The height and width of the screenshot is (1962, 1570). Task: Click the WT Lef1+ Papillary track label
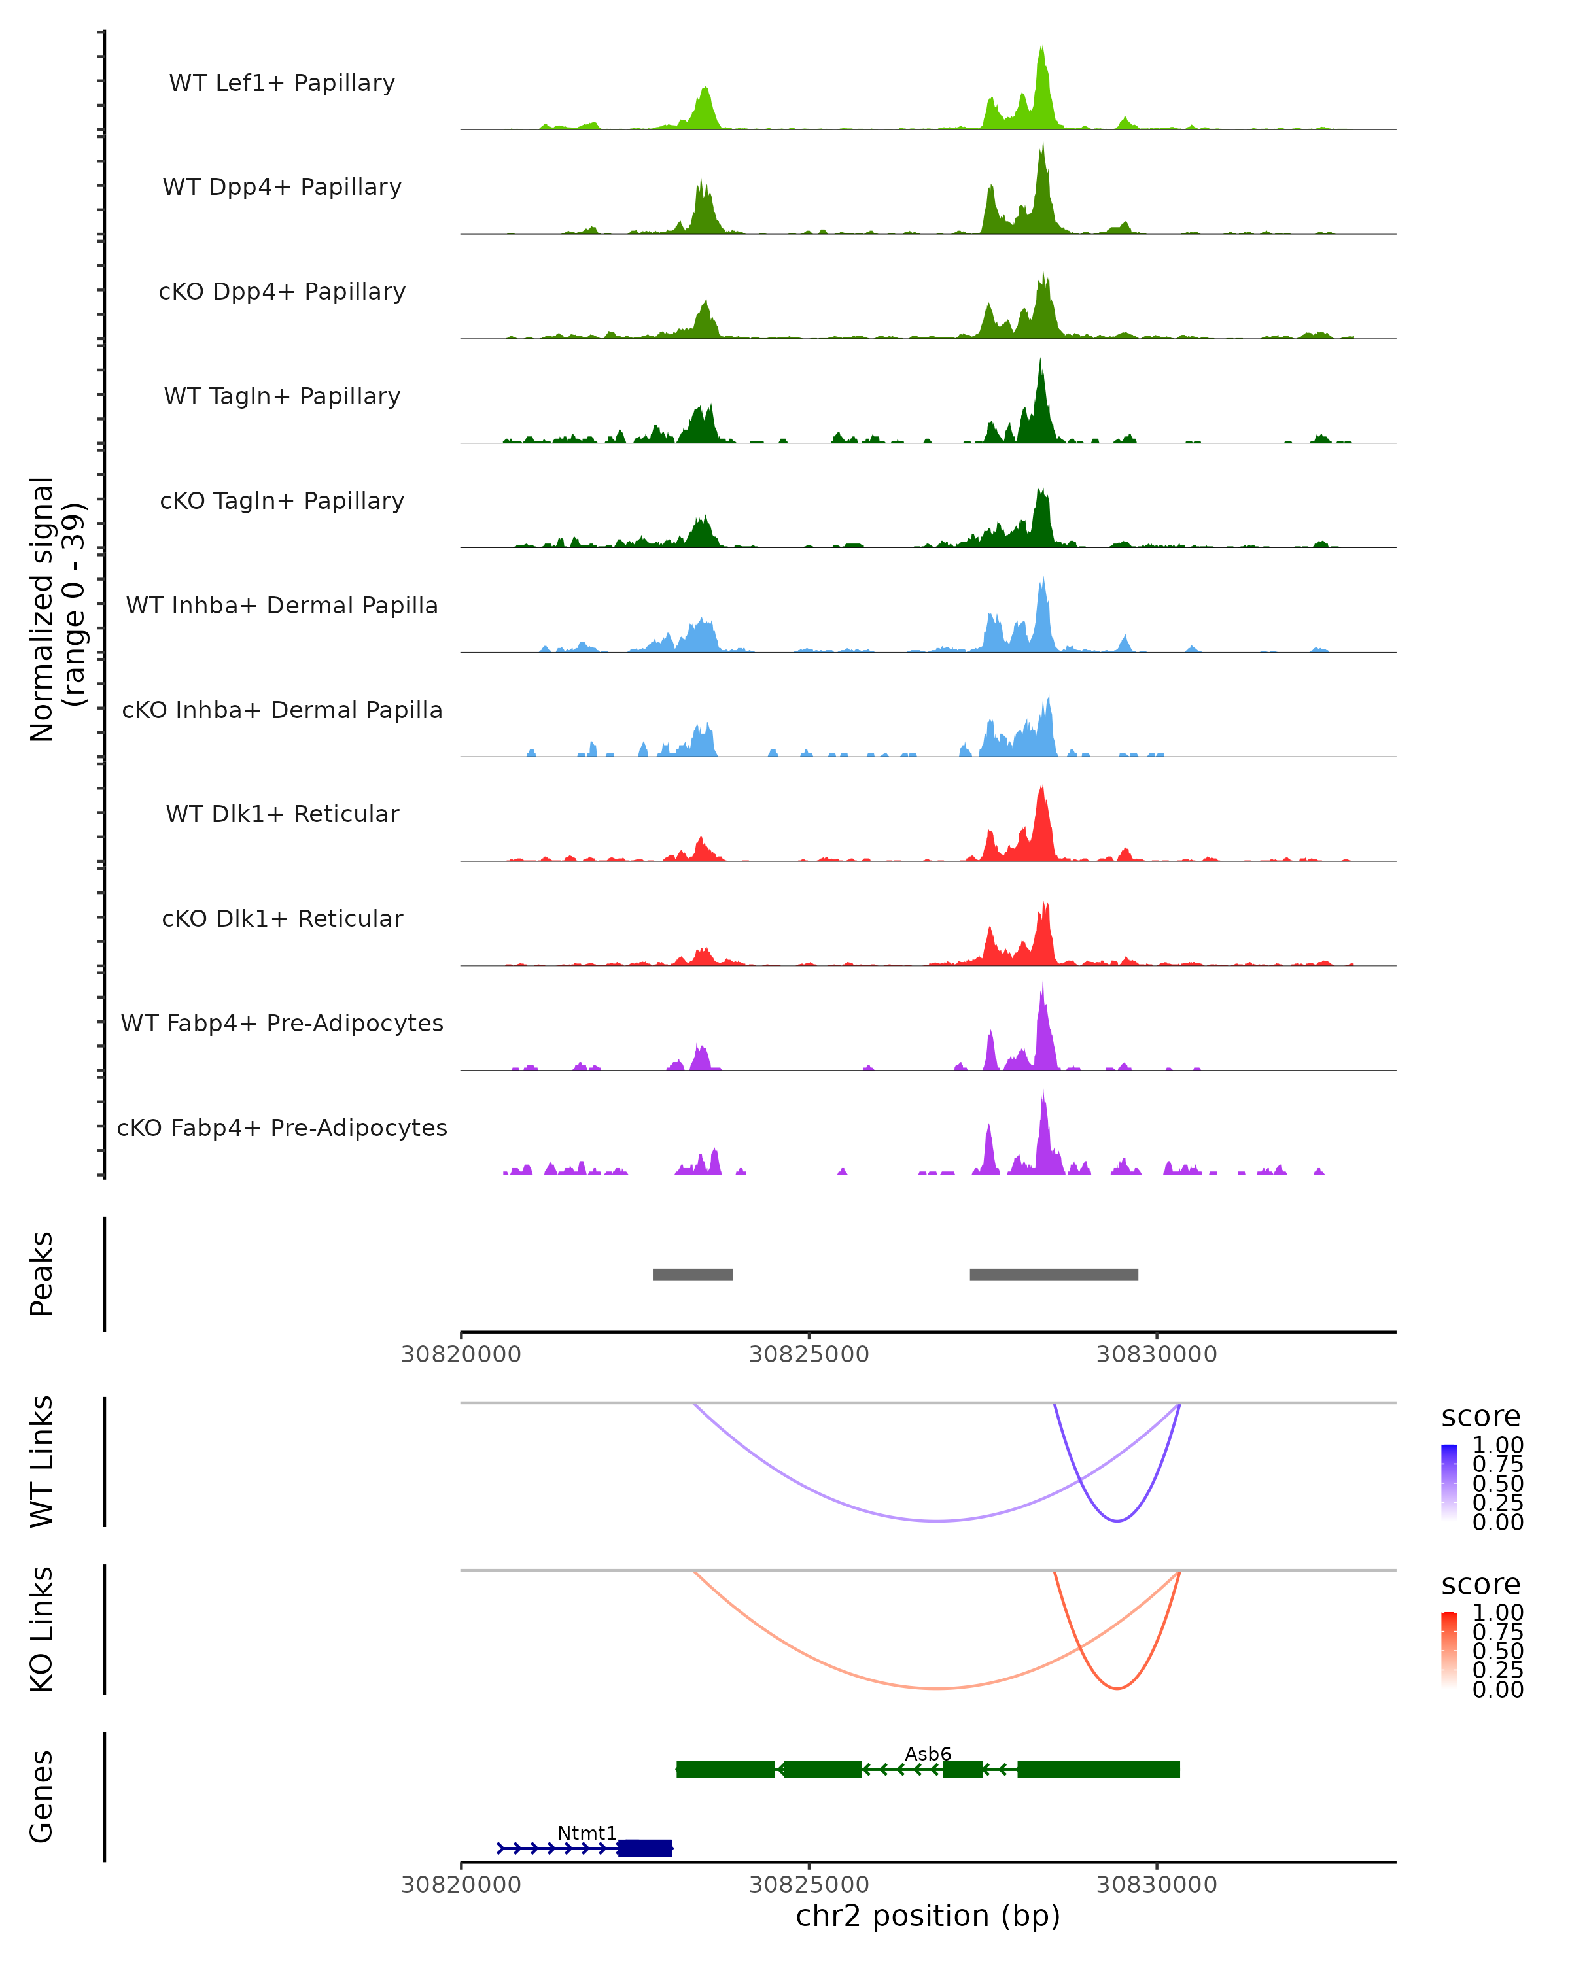[x=282, y=83]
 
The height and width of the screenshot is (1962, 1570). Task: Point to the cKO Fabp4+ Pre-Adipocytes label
[x=282, y=1127]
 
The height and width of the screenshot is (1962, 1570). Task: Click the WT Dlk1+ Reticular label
[x=282, y=814]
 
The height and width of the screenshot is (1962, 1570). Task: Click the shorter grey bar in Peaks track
[x=693, y=1274]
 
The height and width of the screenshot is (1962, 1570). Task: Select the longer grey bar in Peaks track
[x=1054, y=1274]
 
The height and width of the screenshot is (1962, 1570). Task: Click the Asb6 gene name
[x=928, y=1753]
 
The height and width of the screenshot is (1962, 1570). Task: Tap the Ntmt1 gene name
[x=587, y=1833]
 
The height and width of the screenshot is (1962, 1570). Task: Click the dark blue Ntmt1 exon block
[x=645, y=1848]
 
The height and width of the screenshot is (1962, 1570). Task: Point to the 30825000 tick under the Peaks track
[x=809, y=1354]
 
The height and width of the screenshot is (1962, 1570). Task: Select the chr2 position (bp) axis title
[x=928, y=1916]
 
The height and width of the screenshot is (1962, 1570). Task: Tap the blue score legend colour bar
[x=1449, y=1483]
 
